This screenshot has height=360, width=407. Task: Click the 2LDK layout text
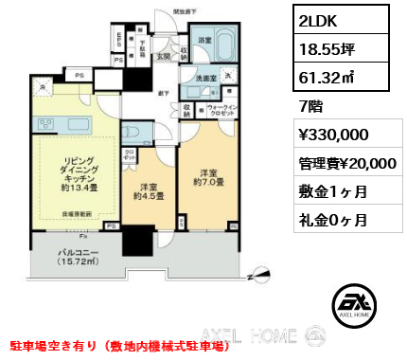click(317, 21)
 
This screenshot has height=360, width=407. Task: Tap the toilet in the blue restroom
click(133, 132)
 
